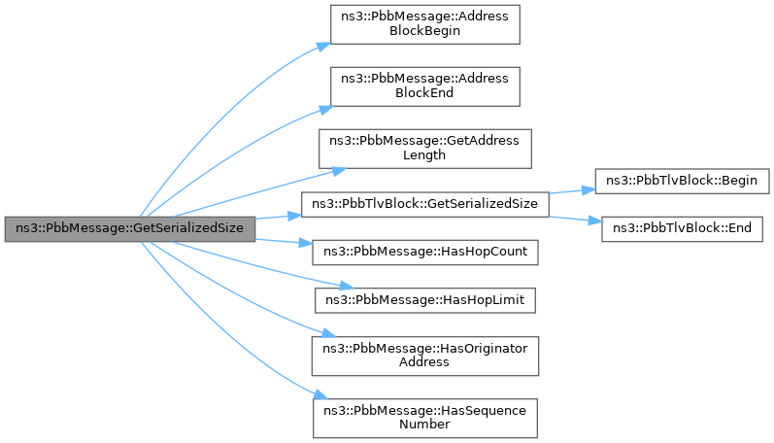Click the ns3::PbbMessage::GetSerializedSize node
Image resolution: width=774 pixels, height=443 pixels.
tap(130, 228)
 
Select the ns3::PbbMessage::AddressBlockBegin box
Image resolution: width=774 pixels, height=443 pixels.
tap(425, 24)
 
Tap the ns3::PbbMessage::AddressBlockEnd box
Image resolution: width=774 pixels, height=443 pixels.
tap(425, 85)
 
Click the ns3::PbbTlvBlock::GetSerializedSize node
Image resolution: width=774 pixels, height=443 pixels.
tap(425, 205)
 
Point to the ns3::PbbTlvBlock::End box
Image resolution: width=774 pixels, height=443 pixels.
tap(684, 229)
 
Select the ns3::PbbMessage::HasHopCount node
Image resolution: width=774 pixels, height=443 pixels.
tap(425, 252)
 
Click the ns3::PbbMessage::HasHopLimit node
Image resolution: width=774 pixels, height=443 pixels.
tap(424, 300)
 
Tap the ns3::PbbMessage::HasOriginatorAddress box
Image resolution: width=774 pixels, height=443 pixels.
tap(425, 355)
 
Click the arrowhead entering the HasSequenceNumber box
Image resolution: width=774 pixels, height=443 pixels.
tap(320, 397)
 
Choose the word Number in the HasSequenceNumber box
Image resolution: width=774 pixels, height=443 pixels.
tap(424, 424)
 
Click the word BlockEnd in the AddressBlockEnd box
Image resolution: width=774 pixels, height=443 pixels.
tap(425, 93)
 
